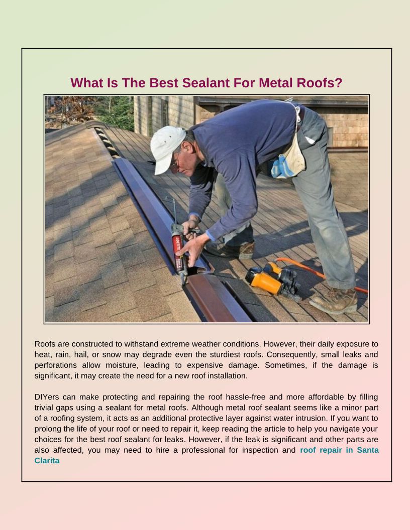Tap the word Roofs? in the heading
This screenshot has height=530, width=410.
click(x=319, y=83)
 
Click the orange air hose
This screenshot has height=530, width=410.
click(x=322, y=274)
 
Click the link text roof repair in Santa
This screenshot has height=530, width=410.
click(x=339, y=450)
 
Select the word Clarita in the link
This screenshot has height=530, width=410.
click(x=47, y=460)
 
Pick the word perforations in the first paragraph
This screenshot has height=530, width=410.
click(x=56, y=365)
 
